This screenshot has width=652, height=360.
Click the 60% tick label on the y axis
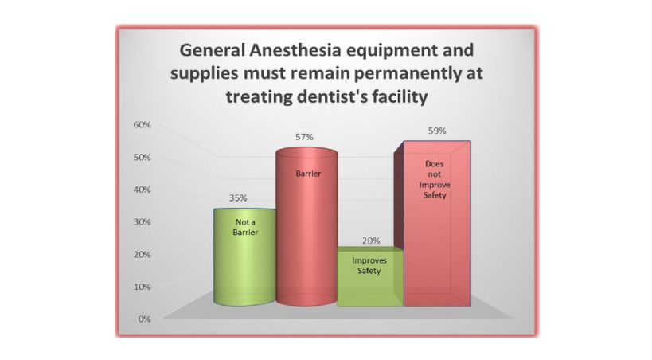(142, 125)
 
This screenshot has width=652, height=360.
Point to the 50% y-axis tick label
(142, 158)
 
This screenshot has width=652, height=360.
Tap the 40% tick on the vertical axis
(142, 190)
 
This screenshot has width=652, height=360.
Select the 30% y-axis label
(142, 222)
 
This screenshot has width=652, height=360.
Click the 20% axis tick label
(142, 254)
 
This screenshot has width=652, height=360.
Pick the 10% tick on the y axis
(142, 287)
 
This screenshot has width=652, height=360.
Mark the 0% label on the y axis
(144, 319)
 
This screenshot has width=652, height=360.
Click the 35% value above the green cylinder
(238, 198)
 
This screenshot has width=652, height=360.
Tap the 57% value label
(304, 137)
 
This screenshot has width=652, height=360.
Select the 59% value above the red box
(437, 131)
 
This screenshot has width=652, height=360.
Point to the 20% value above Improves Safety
(371, 241)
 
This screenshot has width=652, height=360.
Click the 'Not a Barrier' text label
(245, 227)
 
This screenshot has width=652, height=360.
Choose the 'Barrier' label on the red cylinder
(308, 174)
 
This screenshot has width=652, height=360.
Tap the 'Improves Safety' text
(369, 265)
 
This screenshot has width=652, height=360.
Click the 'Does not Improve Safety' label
(435, 179)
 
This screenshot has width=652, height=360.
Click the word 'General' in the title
(212, 50)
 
